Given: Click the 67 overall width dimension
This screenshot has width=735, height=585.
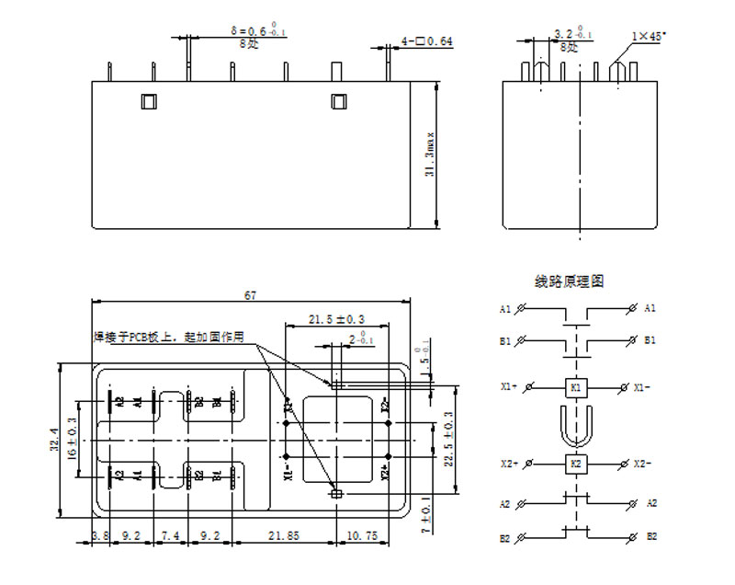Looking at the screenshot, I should [250, 295].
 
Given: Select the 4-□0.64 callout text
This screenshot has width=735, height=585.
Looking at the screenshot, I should [426, 41].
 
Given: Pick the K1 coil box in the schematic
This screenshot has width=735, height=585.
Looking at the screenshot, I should [576, 387].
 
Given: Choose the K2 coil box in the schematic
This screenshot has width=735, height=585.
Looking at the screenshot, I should [576, 463].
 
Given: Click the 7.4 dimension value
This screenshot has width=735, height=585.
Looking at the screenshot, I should [170, 534].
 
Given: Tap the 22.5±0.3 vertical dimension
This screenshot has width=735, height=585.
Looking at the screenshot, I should [449, 440].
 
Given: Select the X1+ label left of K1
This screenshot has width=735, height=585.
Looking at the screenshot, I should [509, 387].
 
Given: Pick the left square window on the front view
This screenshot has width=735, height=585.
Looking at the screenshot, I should [149, 101].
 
